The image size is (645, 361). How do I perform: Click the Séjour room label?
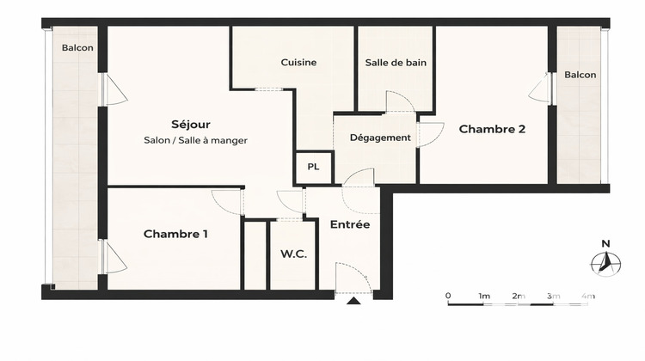tap(190, 125)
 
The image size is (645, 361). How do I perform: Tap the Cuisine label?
tap(298, 62)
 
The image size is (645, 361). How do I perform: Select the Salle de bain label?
tap(396, 62)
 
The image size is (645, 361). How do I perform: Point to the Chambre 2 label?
tap(492, 130)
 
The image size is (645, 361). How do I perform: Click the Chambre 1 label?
tap(175, 234)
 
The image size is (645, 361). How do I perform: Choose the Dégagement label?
tap(379, 138)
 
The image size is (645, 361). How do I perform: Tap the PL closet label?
tap(313, 168)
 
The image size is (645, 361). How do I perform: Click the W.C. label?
tap(294, 254)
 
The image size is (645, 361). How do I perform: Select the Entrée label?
tap(350, 224)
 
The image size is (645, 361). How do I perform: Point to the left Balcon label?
tap(77, 48)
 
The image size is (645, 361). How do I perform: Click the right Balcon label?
tap(580, 75)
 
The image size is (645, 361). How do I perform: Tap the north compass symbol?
tap(607, 263)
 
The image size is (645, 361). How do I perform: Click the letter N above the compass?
tap(605, 242)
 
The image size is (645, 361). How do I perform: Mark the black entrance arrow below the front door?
tap(353, 302)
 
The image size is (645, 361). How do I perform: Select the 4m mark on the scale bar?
tap(587, 296)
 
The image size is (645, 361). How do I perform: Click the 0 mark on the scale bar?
tap(448, 296)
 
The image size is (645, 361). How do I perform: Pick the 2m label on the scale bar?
tap(518, 296)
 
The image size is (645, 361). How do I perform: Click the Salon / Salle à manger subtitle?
tap(196, 140)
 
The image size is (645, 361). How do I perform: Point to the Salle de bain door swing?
tap(399, 101)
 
